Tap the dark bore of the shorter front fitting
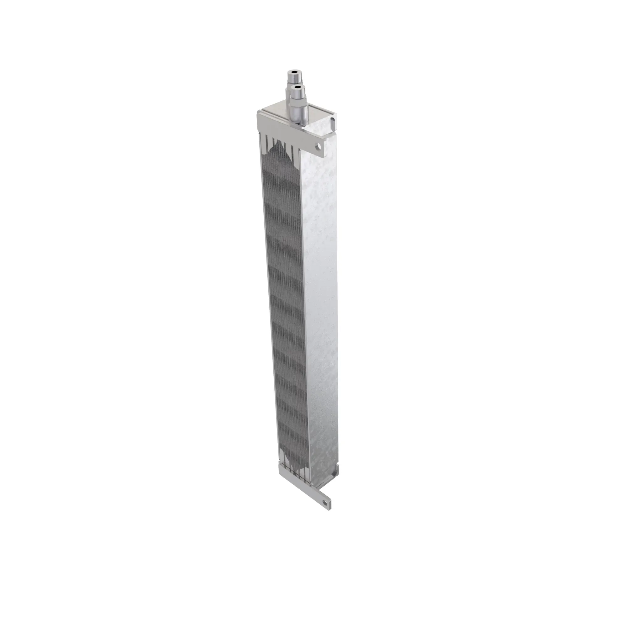(x=296, y=87)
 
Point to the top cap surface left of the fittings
(x=274, y=111)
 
